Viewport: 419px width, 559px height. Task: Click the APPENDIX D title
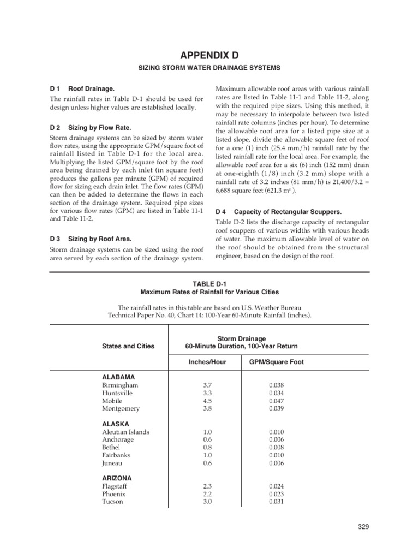[x=210, y=55]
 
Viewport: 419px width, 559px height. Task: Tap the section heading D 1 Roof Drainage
[x=82, y=88]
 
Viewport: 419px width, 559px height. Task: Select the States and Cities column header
[x=128, y=346]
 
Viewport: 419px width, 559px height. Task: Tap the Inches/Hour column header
[x=207, y=362]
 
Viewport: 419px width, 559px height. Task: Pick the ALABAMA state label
[x=118, y=377]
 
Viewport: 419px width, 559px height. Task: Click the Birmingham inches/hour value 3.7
[x=207, y=385]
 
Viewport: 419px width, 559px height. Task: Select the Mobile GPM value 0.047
[x=277, y=400]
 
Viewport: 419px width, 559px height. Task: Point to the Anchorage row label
[x=118, y=439]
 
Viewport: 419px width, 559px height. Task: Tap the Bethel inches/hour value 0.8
[x=207, y=447]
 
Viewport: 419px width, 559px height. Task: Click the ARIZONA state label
[x=117, y=478]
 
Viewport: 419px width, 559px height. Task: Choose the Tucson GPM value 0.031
[x=277, y=502]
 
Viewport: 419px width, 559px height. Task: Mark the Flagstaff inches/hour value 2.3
[x=207, y=486]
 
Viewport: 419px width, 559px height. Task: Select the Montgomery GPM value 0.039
[x=277, y=408]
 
